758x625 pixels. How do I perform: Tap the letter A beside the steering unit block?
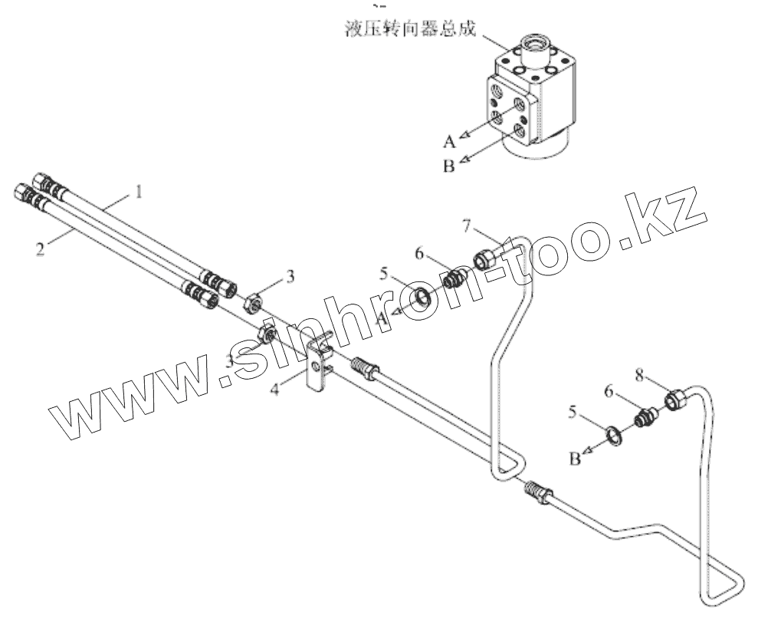click(x=448, y=141)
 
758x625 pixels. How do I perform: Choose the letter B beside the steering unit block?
click(x=450, y=165)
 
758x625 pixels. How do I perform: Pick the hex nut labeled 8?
click(x=676, y=399)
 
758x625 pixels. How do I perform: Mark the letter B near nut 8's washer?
click(x=574, y=459)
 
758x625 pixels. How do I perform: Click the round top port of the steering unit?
click(x=537, y=41)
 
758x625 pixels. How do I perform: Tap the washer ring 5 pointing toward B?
click(x=614, y=436)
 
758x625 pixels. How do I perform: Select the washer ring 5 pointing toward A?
click(x=423, y=296)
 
